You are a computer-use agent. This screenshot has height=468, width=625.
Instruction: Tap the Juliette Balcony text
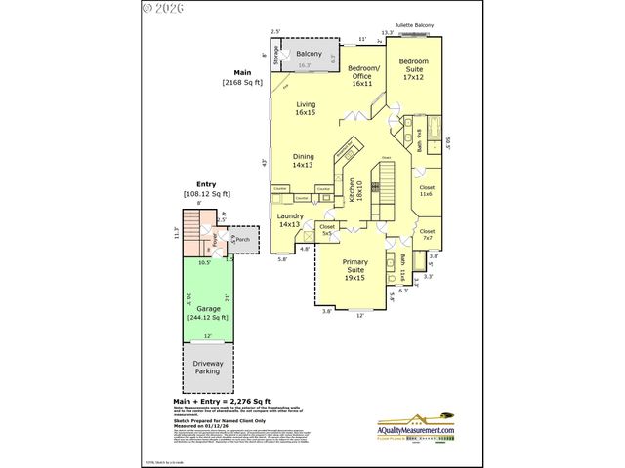(415, 26)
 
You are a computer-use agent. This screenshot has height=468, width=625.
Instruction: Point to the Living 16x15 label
(306, 109)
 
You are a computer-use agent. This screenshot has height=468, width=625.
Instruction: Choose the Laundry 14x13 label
(290, 220)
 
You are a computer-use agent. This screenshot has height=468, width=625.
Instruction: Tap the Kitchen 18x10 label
(355, 191)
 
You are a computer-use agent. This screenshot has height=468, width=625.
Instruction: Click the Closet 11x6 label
(427, 190)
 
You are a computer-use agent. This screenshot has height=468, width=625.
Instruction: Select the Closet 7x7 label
(427, 234)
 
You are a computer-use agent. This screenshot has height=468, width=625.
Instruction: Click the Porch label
(242, 239)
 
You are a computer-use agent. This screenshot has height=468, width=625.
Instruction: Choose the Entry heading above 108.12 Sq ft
(206, 184)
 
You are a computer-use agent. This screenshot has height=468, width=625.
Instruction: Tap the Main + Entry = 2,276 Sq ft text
(221, 401)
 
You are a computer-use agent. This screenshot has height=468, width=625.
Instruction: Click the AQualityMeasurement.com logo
(416, 431)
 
